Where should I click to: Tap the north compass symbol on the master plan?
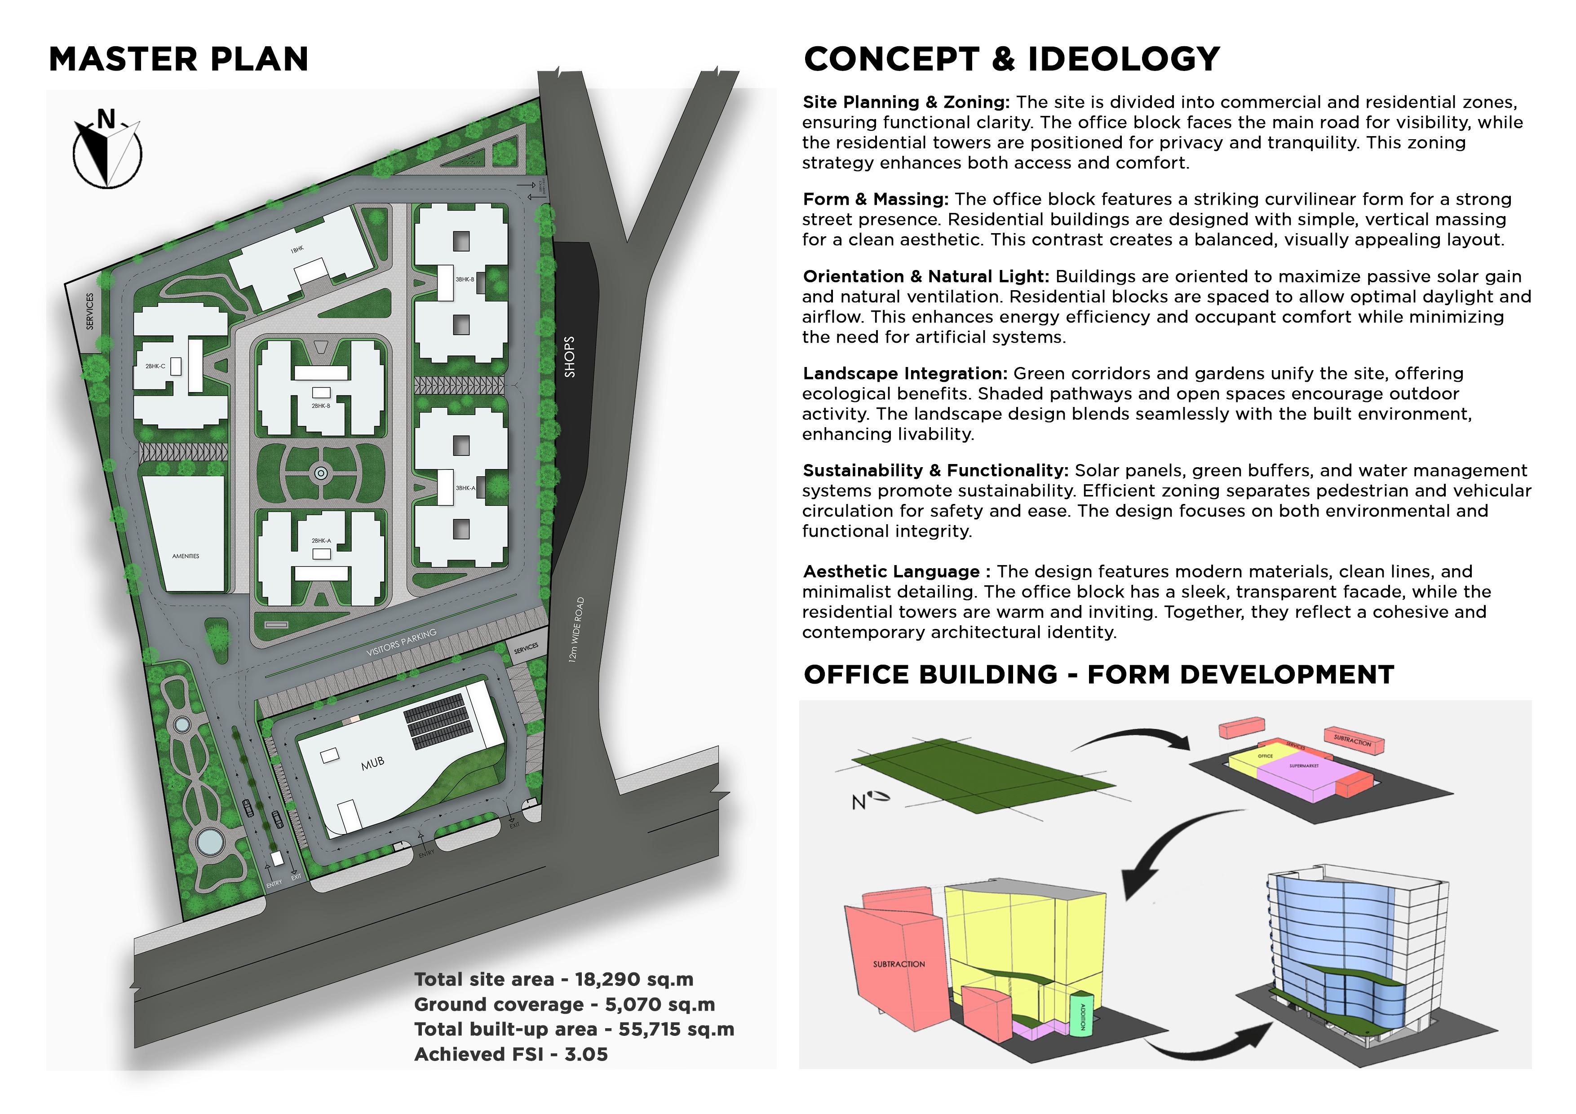coord(107,149)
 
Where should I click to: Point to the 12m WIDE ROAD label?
coord(576,629)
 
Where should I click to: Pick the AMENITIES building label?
coord(186,556)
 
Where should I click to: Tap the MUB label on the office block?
coord(373,763)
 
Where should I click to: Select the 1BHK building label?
coord(297,250)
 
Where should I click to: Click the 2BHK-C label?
coord(155,367)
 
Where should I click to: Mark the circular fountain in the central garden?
coord(321,473)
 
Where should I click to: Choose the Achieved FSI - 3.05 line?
coord(511,1054)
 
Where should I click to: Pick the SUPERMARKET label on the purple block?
coord(1303,765)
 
